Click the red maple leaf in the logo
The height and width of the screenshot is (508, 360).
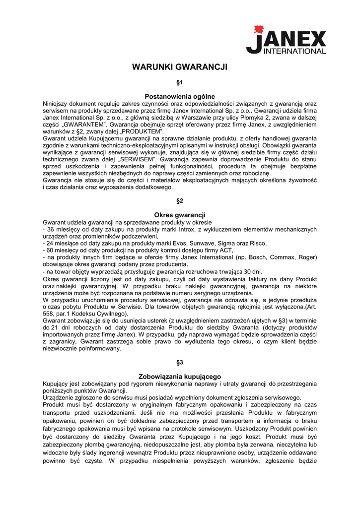(258, 29)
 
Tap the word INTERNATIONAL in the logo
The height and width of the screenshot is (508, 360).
(294, 51)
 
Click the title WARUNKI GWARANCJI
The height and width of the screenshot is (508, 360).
(180, 67)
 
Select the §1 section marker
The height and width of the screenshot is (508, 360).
(180, 81)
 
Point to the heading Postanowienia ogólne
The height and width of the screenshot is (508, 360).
(180, 96)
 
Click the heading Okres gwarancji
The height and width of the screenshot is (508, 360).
(180, 215)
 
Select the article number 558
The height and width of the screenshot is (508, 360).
(50, 314)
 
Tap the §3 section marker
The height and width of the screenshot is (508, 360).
(180, 362)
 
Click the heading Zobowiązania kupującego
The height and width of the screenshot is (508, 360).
(180, 377)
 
